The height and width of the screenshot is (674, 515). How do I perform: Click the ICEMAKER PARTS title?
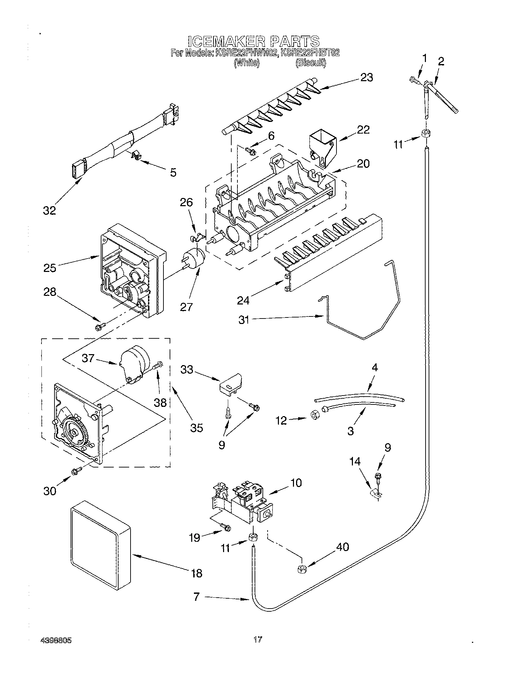click(x=254, y=41)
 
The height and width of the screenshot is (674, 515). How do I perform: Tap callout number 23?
click(x=366, y=78)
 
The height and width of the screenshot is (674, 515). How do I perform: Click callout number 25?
click(x=50, y=267)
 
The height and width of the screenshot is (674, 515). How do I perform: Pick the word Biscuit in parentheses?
click(x=310, y=63)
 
